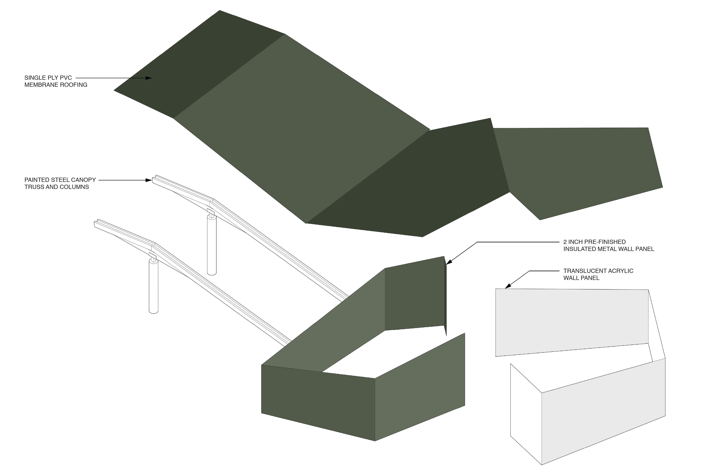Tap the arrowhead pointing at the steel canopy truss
149,180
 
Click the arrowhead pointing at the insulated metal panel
449,263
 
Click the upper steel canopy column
212,244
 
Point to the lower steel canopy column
154,285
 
